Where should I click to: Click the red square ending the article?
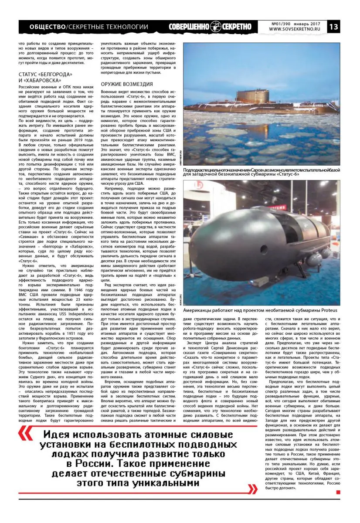coord(338,492)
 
